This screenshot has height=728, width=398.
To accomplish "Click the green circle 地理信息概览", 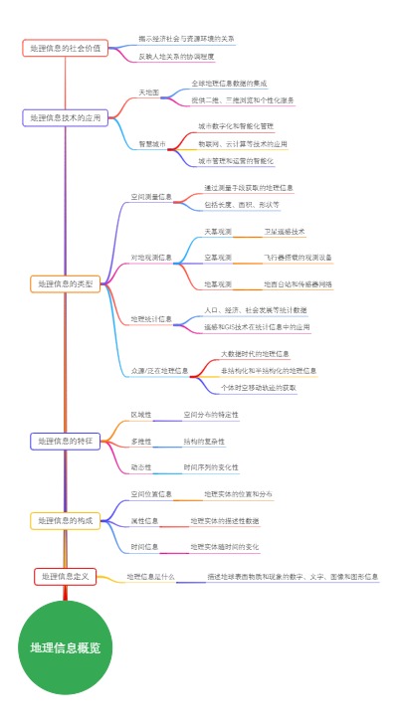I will click(x=66, y=647).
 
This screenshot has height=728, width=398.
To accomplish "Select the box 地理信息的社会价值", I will click(x=65, y=48).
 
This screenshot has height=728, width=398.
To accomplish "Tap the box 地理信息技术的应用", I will click(x=65, y=117).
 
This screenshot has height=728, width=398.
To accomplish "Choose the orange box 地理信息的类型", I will click(x=65, y=284).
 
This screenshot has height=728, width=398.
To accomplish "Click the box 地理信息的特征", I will click(x=65, y=440).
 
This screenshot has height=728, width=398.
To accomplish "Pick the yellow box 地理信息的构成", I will click(x=65, y=520).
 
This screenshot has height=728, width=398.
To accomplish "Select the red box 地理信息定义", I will click(x=65, y=576).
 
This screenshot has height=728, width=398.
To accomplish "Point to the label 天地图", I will click(x=148, y=91).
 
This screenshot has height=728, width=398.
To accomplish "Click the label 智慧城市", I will click(x=152, y=143).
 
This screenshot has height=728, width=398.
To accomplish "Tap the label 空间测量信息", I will click(x=152, y=197).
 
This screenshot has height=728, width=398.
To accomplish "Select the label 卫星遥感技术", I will click(x=284, y=231).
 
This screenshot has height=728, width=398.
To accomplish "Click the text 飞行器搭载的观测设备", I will click(x=298, y=257).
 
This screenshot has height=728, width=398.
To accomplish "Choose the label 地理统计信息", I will click(x=151, y=319).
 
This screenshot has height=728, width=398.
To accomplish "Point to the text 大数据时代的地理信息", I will click(x=256, y=354).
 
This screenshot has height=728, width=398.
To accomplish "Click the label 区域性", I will click(x=141, y=414).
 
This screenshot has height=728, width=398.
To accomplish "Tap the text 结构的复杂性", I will click(x=204, y=440).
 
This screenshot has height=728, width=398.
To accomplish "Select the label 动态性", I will click(x=141, y=466).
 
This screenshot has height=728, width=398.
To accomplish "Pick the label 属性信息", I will click(x=145, y=520).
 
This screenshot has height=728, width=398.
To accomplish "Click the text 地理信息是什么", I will click(x=151, y=576).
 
